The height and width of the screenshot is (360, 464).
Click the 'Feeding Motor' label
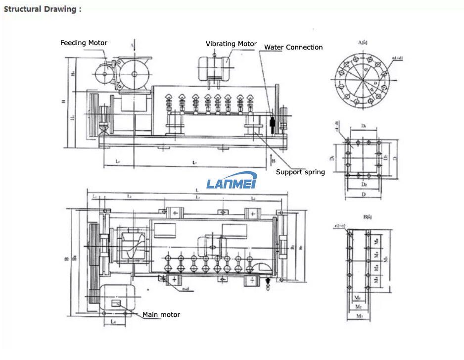pyautogui.click(x=84, y=43)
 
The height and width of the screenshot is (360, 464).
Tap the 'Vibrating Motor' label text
pyautogui.click(x=231, y=44)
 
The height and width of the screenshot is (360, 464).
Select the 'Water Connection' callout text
pyautogui.click(x=293, y=48)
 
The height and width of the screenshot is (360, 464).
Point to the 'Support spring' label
pyautogui.click(x=300, y=172)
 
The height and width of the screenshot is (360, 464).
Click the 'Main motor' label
pyautogui.click(x=161, y=314)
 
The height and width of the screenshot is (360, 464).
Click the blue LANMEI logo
pyautogui.click(x=231, y=183)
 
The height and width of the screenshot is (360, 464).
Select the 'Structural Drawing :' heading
pyautogui.click(x=40, y=9)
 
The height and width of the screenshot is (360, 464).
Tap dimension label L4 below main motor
pyautogui.click(x=114, y=322)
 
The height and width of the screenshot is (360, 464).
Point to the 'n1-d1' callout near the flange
pyautogui.click(x=397, y=58)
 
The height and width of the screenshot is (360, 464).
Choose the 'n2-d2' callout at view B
pyautogui.click(x=340, y=226)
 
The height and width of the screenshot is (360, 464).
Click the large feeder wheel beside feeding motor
pyautogui.click(x=134, y=74)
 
